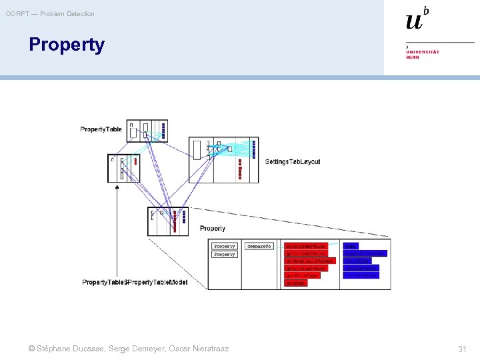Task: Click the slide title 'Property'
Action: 67,45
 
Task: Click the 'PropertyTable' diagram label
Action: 101,129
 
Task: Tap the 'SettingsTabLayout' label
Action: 293,161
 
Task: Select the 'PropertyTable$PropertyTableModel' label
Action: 135,282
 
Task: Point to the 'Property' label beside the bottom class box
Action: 213,229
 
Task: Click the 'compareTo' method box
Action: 259,246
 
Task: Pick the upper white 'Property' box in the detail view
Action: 225,246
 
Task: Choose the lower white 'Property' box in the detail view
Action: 225,254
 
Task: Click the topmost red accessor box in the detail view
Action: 306,246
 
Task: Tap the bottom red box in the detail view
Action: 295,283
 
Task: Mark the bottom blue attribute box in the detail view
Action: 361,275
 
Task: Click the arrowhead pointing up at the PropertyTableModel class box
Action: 117,187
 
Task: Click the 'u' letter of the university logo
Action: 414,21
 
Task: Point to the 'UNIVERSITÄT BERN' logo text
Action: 423,54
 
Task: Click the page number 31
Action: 462,349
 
